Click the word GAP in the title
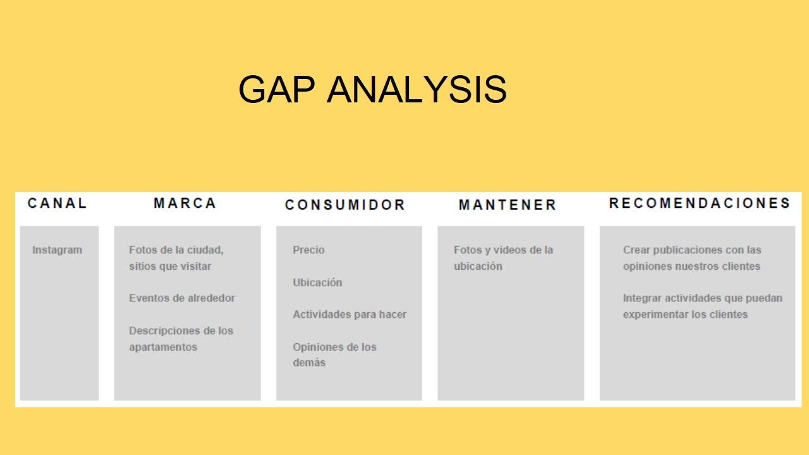277,89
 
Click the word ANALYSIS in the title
417,89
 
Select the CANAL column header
57,203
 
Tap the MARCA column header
185,203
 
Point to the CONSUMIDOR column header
345,205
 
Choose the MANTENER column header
508,205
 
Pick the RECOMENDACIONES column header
700,203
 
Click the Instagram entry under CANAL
57,250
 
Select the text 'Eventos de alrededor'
182,298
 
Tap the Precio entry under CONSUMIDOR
308,250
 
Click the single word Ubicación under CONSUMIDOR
317,282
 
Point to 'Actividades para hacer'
350,315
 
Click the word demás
309,363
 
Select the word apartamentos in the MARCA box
163,348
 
